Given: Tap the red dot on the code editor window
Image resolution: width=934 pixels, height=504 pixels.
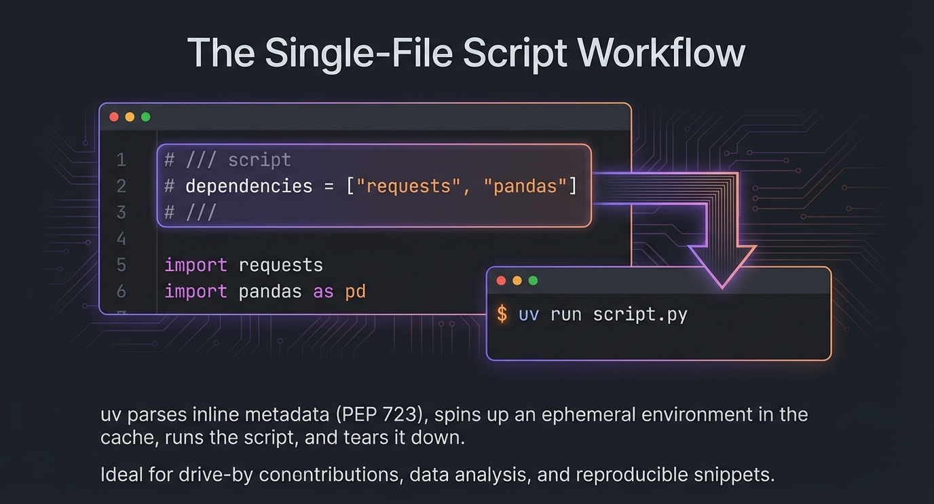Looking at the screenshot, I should [x=114, y=117].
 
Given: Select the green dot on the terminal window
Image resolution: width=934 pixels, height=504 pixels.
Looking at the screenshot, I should [x=533, y=281].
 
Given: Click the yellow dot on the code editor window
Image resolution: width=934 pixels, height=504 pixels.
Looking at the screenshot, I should [x=130, y=117].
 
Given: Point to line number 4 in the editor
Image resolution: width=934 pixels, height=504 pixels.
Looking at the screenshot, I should [x=122, y=238].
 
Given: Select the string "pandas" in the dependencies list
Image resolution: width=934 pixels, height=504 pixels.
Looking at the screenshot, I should [x=525, y=186].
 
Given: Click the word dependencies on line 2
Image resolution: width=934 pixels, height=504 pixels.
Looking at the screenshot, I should [x=249, y=186].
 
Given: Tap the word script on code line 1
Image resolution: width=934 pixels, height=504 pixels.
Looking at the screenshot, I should [x=259, y=160].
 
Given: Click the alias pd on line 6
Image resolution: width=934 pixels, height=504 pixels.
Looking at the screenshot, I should [x=356, y=292].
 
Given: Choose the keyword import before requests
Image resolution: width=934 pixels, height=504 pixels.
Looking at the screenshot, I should [x=196, y=265].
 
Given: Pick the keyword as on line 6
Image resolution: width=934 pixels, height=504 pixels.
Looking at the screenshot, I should [x=323, y=292].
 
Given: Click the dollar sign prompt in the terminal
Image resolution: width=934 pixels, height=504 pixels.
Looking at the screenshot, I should [x=502, y=314].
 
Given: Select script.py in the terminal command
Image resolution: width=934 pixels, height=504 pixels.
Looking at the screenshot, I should [x=640, y=314].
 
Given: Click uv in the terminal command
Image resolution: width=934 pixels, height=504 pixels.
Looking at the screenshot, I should [x=529, y=314].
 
